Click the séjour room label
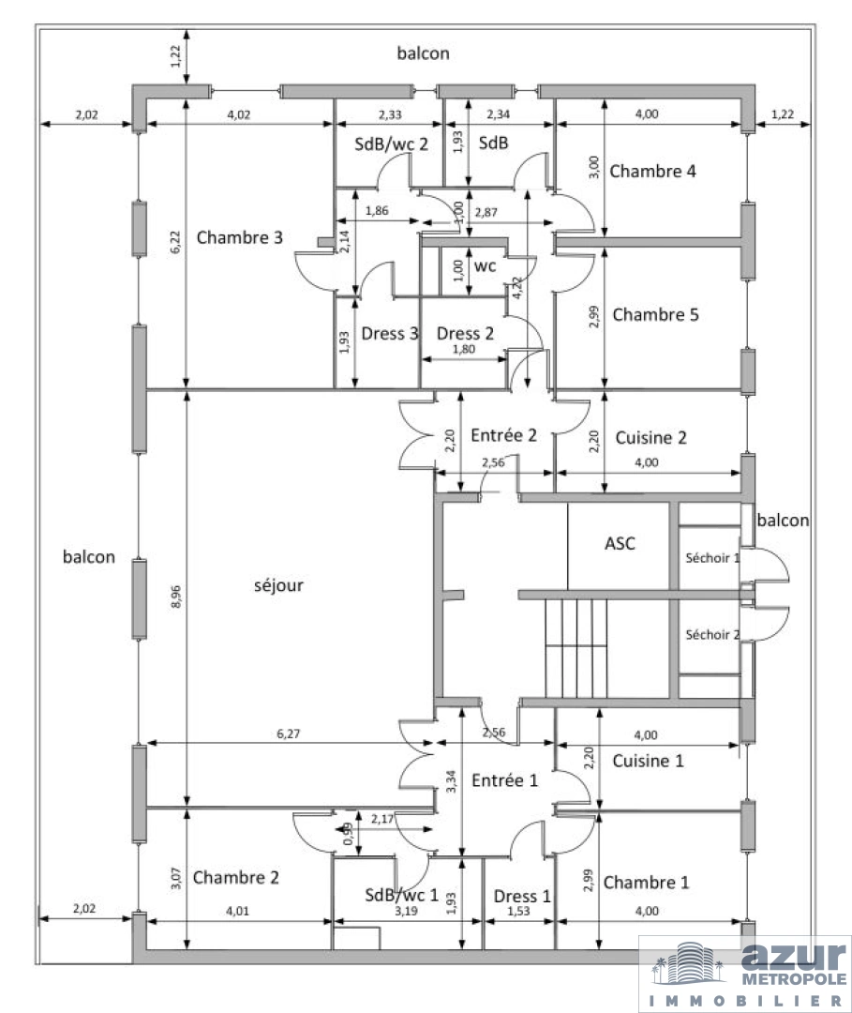(278, 586)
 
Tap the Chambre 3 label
(239, 237)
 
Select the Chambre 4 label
(652, 172)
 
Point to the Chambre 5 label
(655, 314)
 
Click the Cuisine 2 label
(650, 438)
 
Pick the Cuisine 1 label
(648, 761)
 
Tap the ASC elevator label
(620, 544)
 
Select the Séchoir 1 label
(712, 558)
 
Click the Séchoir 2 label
(712, 635)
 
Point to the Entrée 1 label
(505, 780)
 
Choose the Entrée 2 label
(503, 435)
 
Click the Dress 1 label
(522, 896)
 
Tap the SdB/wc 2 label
(391, 144)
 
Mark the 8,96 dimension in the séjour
(176, 597)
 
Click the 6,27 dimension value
(289, 733)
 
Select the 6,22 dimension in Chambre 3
(176, 242)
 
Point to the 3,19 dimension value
(406, 911)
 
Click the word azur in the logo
(793, 956)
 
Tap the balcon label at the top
(423, 53)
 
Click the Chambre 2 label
(235, 877)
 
